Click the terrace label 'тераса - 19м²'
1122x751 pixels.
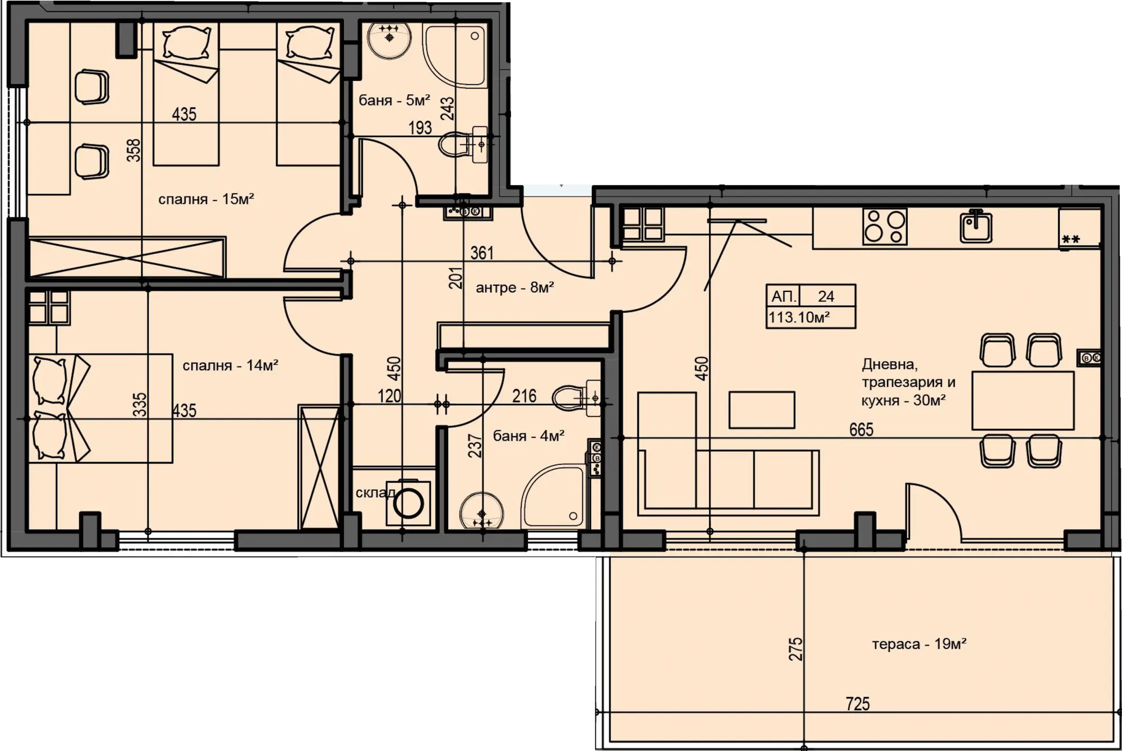(919, 644)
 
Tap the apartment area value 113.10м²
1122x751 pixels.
(799, 317)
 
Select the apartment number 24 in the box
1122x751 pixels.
(826, 296)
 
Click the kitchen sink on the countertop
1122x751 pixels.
(976, 226)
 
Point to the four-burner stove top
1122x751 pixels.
(885, 226)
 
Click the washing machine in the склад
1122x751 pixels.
(408, 503)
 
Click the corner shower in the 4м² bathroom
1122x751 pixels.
(555, 496)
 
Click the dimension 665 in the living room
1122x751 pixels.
(861, 429)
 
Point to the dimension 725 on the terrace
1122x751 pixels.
(858, 703)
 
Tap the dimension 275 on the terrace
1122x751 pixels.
(795, 649)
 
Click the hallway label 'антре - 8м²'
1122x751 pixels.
(515, 288)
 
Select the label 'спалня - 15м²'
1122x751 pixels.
(206, 199)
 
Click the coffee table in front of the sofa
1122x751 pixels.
(762, 410)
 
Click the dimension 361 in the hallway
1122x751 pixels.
(482, 253)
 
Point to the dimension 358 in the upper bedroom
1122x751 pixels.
(134, 150)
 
